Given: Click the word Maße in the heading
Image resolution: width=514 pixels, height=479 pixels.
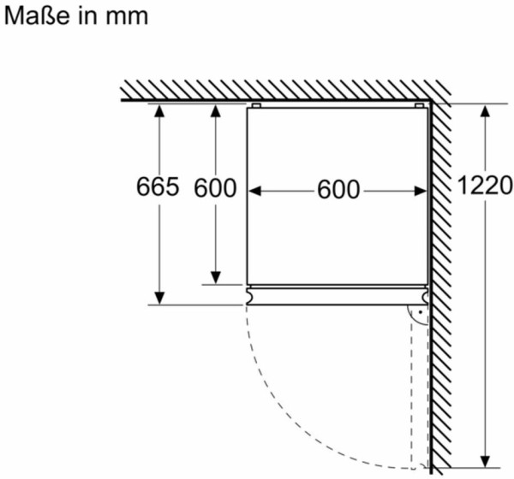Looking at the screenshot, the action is (x=37, y=15).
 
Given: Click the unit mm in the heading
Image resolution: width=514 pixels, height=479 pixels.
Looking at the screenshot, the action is (x=127, y=17).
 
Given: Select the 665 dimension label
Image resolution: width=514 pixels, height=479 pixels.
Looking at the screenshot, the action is (x=158, y=186).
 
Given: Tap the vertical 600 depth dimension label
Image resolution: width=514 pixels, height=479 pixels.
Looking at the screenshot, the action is (x=215, y=187).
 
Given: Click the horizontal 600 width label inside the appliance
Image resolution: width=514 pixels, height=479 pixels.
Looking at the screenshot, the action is (x=338, y=189).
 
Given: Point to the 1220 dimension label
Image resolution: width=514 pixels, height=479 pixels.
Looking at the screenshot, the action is (x=484, y=186).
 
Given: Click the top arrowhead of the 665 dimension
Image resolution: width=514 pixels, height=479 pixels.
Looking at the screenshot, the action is (x=159, y=110).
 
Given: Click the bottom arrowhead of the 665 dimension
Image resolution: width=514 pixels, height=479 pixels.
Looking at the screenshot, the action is (x=159, y=298).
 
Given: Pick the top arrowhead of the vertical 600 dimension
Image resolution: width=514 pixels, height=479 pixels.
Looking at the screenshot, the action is (x=215, y=110).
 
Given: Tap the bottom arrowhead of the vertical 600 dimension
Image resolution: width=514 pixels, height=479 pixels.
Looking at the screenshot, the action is (x=215, y=278).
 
